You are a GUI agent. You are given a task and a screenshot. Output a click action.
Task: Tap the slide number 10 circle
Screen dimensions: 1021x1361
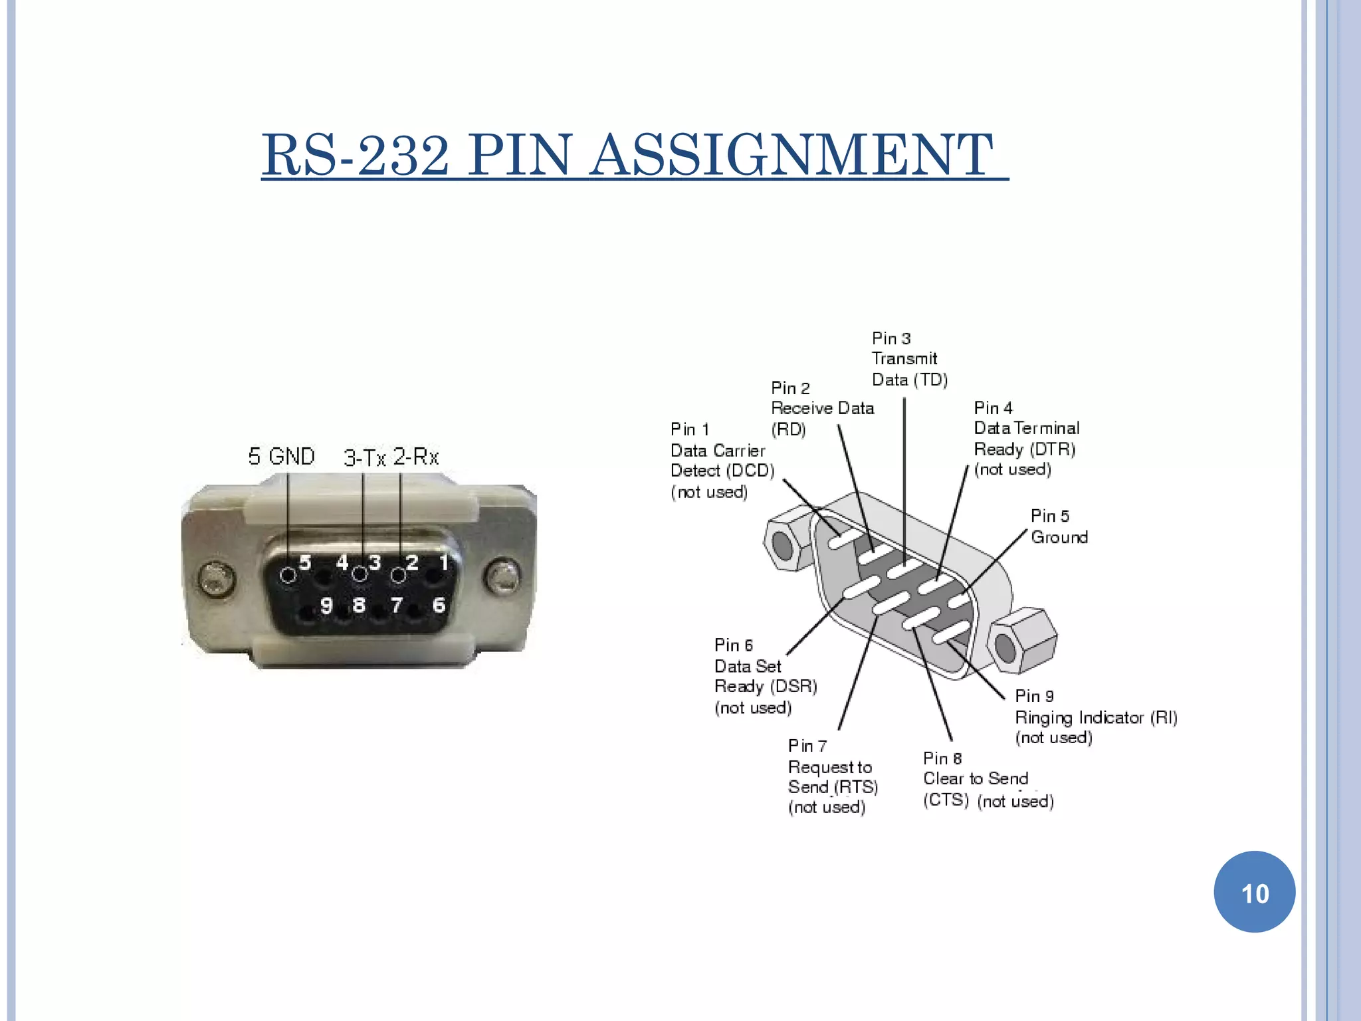pyautogui.click(x=1254, y=892)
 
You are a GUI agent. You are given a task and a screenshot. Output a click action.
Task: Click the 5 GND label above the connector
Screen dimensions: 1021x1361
pyautogui.click(x=281, y=456)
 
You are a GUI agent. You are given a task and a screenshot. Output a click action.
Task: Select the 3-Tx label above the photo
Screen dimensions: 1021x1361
pyautogui.click(x=364, y=457)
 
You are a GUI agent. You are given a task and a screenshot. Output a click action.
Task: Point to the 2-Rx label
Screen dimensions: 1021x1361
pyautogui.click(x=416, y=457)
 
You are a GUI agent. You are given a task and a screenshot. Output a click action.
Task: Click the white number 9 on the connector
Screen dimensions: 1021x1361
pyautogui.click(x=326, y=605)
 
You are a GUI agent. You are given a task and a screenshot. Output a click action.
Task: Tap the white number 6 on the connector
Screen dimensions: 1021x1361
pyautogui.click(x=439, y=605)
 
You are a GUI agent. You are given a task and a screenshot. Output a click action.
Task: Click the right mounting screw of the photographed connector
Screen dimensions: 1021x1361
pyautogui.click(x=502, y=576)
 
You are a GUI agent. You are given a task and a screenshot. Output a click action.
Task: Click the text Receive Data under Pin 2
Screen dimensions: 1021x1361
pyautogui.click(x=822, y=408)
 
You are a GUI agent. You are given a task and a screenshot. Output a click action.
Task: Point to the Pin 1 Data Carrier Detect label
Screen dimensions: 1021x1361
pyautogui.click(x=720, y=460)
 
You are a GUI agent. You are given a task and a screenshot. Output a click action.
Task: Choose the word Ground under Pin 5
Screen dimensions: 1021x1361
pyautogui.click(x=1059, y=537)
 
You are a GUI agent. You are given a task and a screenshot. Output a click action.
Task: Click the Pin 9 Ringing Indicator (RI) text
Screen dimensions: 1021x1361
pyautogui.click(x=1095, y=717)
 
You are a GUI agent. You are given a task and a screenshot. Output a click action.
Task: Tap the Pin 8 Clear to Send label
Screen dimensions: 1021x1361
pyautogui.click(x=975, y=778)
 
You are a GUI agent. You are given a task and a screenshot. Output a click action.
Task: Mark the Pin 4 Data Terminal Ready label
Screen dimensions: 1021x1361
pyautogui.click(x=1025, y=439)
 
